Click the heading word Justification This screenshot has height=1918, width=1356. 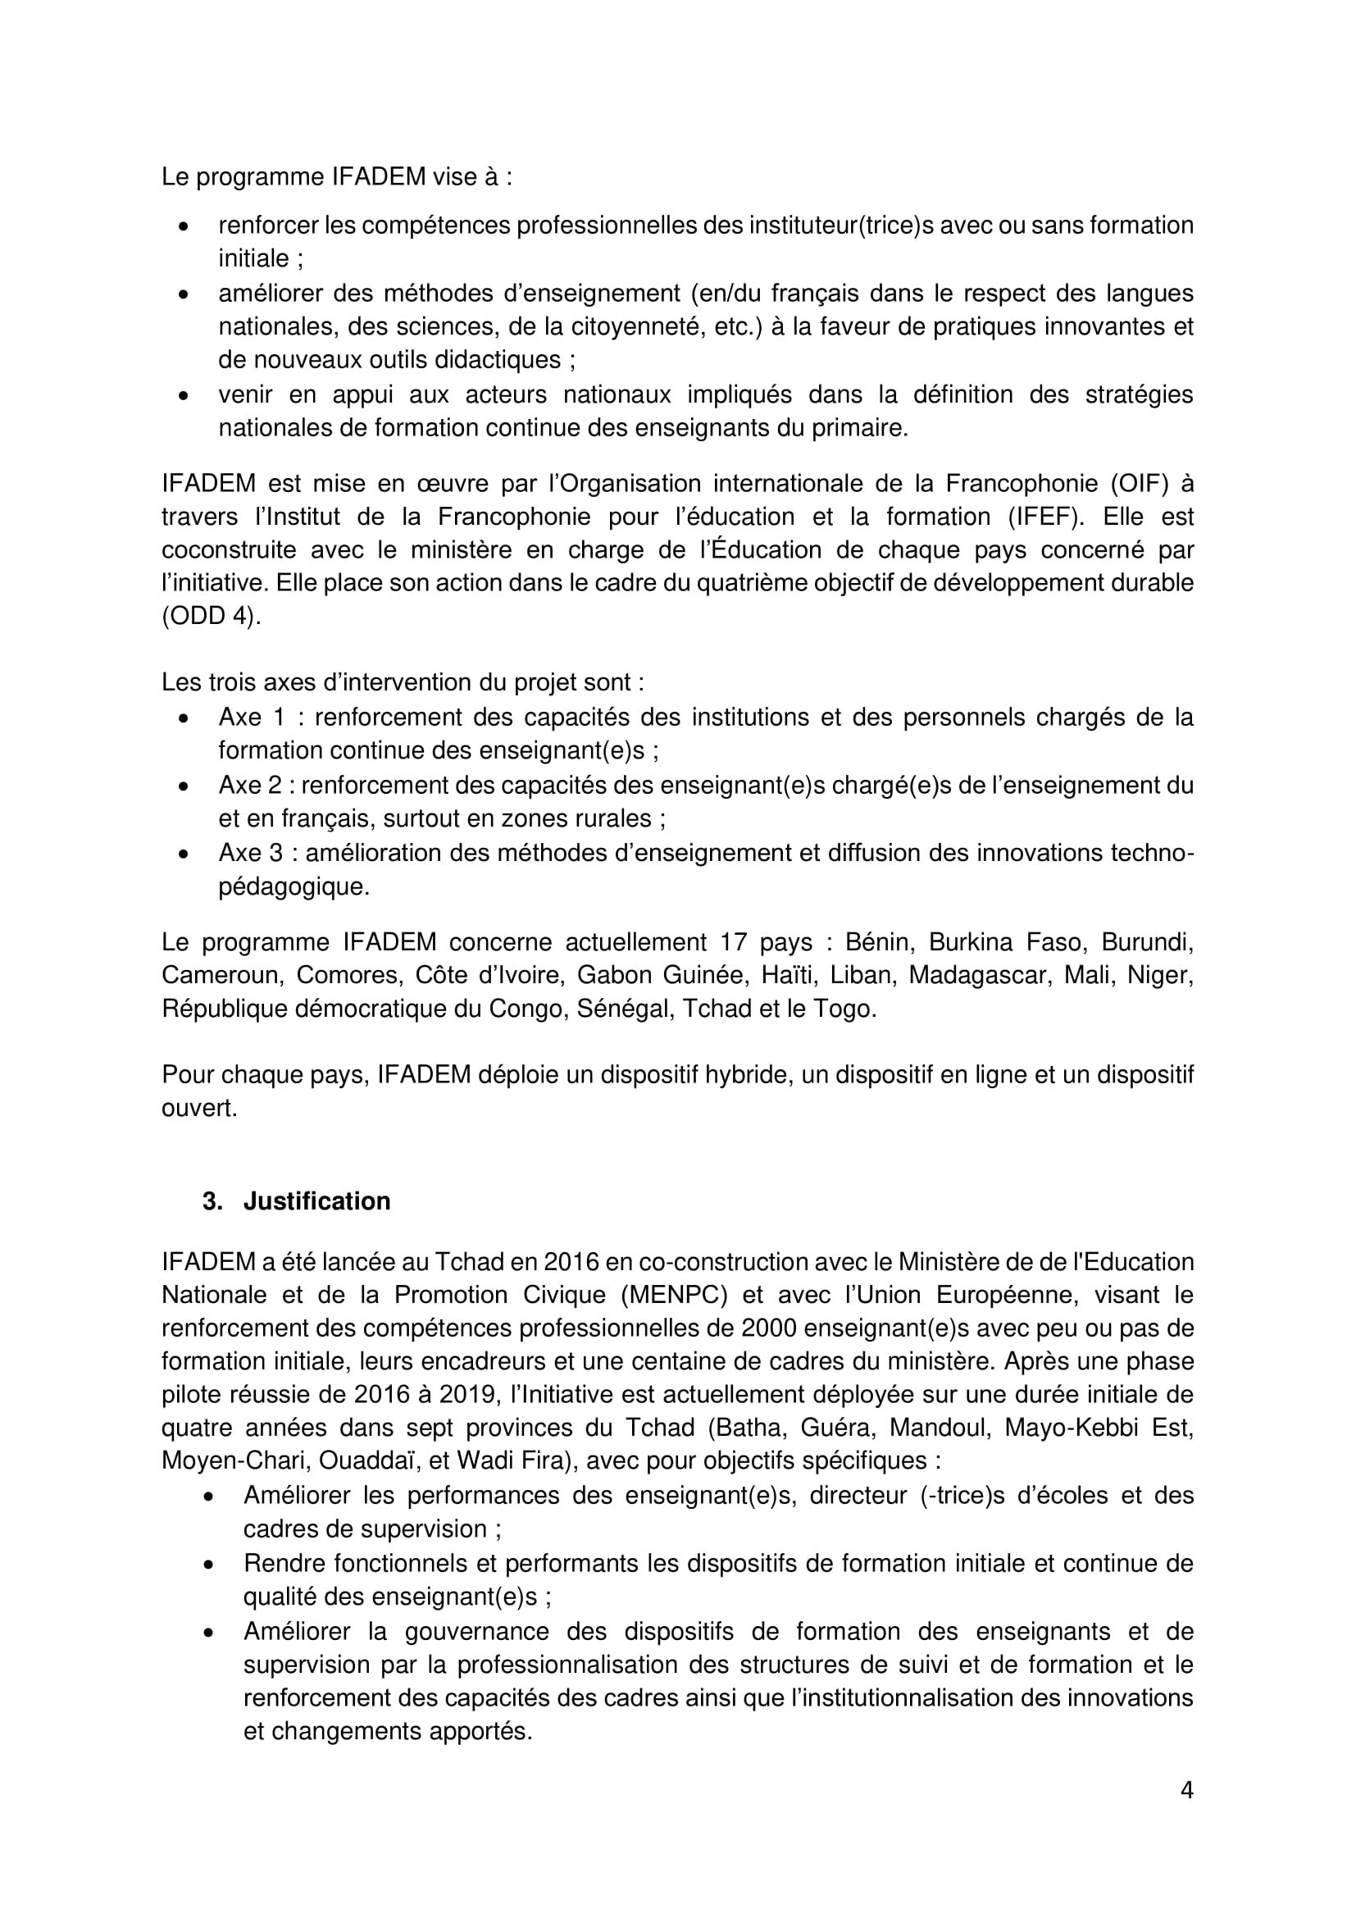316,1201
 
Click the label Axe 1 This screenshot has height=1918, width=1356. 252,718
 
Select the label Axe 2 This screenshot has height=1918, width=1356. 252,786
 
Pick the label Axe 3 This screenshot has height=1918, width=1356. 252,853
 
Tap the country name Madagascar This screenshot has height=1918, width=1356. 979,975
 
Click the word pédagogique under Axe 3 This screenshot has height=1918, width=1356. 294,886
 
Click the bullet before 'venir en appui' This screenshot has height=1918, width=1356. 184,395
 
